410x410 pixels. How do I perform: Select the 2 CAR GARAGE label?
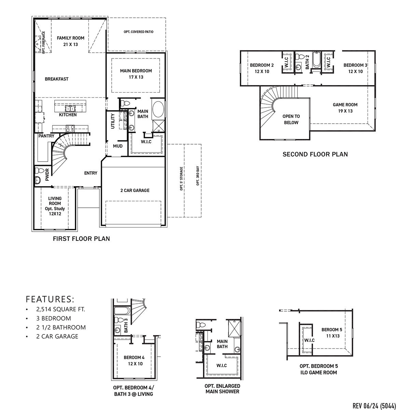pyautogui.click(x=135, y=190)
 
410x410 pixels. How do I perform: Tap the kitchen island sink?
pyautogui.click(x=71, y=109)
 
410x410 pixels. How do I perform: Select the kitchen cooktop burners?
pyautogui.click(x=70, y=128)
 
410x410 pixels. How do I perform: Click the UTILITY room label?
pyautogui.click(x=113, y=121)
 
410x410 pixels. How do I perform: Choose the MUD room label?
pyautogui.click(x=118, y=146)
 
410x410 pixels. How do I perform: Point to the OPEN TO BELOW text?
pyautogui.click(x=291, y=120)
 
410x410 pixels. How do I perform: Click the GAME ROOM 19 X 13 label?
pyautogui.click(x=345, y=108)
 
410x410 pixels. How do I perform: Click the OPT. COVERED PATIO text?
pyautogui.click(x=138, y=32)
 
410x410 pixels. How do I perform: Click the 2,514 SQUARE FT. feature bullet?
pyautogui.click(x=60, y=310)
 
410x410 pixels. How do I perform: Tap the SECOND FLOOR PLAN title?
pyautogui.click(x=315, y=154)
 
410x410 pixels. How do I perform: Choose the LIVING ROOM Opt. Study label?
pyautogui.click(x=55, y=206)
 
